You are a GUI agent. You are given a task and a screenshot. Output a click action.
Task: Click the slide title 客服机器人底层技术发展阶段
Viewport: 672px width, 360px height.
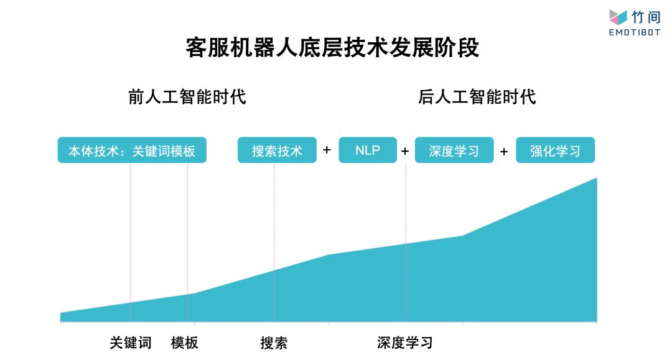332,48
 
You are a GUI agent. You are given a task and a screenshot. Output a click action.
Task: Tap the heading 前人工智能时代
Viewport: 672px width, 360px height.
187,97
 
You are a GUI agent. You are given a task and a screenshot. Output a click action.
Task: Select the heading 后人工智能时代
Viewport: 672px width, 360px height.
477,97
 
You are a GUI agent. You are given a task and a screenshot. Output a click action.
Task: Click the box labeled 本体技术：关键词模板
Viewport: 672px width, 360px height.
132,150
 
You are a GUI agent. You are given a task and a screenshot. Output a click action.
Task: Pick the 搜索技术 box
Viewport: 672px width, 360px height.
277,150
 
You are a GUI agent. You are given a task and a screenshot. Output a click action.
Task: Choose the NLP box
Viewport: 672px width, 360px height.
368,150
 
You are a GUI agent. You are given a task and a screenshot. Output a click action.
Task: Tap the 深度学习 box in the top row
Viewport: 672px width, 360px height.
454,150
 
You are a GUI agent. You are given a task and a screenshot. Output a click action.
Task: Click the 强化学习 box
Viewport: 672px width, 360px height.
555,150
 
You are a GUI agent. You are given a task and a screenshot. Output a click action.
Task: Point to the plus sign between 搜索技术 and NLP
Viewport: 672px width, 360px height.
327,150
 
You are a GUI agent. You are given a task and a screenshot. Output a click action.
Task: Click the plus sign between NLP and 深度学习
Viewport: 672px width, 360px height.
405,151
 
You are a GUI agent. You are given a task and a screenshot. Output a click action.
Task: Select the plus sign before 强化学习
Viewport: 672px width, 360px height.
504,151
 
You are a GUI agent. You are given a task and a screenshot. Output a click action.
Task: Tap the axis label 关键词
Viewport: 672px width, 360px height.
131,343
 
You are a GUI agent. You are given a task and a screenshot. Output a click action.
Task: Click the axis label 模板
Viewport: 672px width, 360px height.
185,343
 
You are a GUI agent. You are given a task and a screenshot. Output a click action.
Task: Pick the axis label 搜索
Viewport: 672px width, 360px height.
274,343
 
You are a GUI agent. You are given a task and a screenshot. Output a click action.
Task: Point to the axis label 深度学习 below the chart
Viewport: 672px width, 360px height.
404,343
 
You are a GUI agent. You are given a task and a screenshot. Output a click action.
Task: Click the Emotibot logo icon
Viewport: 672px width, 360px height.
618,17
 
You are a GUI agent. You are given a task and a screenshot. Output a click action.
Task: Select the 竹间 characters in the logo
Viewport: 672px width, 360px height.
646,17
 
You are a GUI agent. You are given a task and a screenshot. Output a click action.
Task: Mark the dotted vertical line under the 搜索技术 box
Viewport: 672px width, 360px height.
274,218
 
